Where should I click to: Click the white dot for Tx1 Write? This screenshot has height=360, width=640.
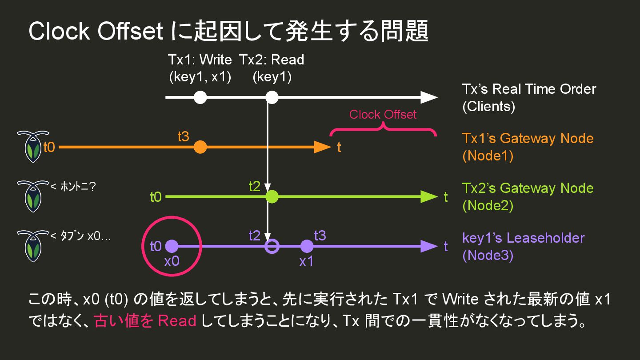click(200, 97)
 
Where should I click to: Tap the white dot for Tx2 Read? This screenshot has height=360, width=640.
click(272, 97)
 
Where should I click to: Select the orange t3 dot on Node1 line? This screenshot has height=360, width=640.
click(200, 147)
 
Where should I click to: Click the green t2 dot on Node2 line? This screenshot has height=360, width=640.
click(272, 196)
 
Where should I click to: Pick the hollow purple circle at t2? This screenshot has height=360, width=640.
click(272, 246)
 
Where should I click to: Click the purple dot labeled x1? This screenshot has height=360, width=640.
click(307, 246)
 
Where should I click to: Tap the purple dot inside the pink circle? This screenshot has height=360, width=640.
click(172, 246)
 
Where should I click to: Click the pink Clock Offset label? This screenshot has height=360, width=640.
click(383, 115)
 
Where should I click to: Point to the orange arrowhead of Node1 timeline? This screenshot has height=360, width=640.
click(322, 147)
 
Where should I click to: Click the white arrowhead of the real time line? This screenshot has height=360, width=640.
click(429, 97)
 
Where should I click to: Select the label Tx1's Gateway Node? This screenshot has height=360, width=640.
click(528, 138)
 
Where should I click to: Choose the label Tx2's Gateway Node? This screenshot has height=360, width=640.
click(528, 188)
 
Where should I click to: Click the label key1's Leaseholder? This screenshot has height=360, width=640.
click(523, 238)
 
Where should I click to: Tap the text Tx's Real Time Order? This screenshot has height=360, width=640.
click(529, 89)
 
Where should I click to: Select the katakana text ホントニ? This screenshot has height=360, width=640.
click(76, 187)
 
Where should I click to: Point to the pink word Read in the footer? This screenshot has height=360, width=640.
click(177, 321)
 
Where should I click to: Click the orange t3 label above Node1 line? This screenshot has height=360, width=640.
click(183, 137)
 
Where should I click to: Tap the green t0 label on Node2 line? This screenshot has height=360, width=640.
click(156, 197)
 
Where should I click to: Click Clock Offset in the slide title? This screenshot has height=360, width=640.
click(96, 32)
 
